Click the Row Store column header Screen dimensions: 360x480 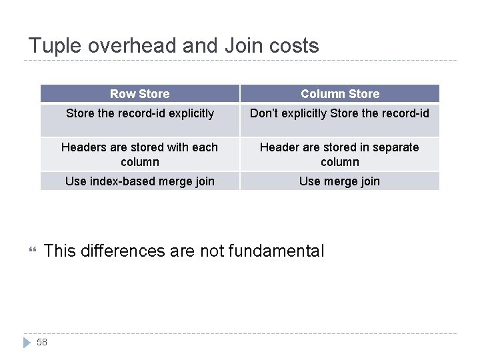(139, 94)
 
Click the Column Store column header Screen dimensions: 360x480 (339, 94)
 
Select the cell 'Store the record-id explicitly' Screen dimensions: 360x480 (139, 114)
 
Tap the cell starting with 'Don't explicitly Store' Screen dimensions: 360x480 (339, 114)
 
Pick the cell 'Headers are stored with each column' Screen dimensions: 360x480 (139, 155)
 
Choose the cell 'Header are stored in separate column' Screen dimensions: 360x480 (339, 155)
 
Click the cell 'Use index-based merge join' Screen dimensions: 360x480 (139, 181)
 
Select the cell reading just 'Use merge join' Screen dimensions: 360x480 (339, 181)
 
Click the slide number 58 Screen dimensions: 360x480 (42, 342)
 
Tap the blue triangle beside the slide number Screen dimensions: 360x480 (27, 342)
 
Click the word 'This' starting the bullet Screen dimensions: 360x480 (59, 251)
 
